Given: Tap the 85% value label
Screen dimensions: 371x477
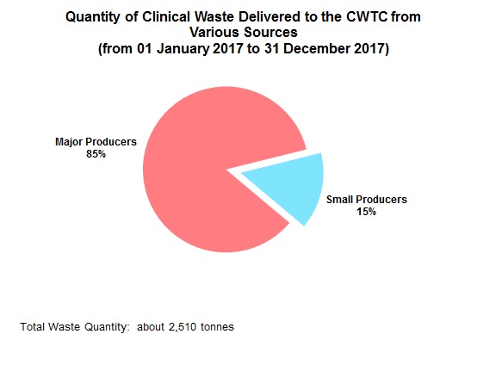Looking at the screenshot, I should point(95,154).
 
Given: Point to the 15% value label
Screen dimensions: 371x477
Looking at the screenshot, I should point(366,212).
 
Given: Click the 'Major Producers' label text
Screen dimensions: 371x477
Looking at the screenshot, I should point(95,142).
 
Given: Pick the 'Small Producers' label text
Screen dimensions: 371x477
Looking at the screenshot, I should point(367,200).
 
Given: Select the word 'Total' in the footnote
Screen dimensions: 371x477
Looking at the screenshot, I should point(32,327).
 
